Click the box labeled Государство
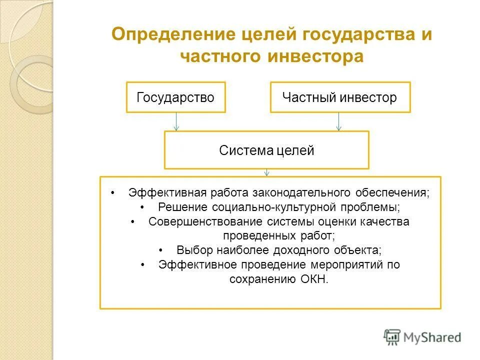(175, 97)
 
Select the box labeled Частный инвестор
(340, 97)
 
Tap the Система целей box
(266, 150)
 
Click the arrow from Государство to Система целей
(176, 121)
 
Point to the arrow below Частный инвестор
(338, 121)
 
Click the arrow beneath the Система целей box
(267, 172)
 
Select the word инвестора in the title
(313, 56)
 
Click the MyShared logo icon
(392, 337)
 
